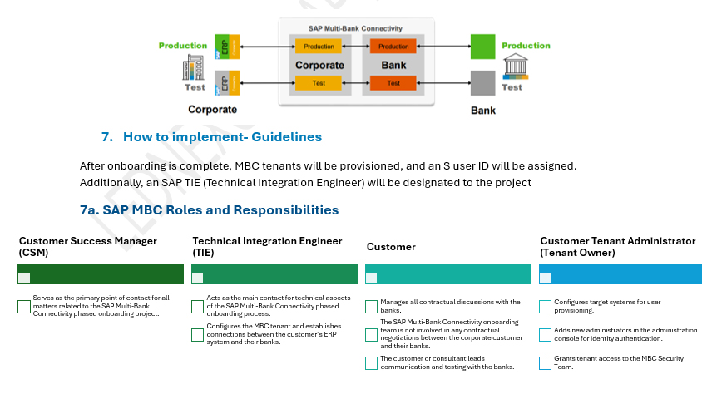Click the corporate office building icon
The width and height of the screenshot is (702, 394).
[x=194, y=67]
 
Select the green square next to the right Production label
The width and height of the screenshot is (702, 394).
[x=482, y=47]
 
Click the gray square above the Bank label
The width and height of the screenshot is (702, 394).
[x=482, y=84]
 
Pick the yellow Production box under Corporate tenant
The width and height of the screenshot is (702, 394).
[x=319, y=47]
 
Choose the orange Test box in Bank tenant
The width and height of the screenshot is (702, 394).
[x=393, y=83]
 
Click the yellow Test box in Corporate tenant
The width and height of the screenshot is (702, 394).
[x=319, y=83]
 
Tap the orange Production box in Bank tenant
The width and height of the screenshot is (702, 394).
[x=393, y=47]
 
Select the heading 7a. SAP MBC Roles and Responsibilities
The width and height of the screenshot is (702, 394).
[x=209, y=210]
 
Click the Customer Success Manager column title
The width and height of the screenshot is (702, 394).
[x=88, y=246]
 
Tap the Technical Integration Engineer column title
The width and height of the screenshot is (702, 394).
[x=267, y=246]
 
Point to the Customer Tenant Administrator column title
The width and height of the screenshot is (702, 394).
[x=617, y=246]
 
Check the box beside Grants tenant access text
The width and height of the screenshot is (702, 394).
[x=546, y=362]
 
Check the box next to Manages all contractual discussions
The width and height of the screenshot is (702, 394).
[x=372, y=306]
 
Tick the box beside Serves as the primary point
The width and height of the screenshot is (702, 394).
[x=24, y=306]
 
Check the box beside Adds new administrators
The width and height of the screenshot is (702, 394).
[x=546, y=334]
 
